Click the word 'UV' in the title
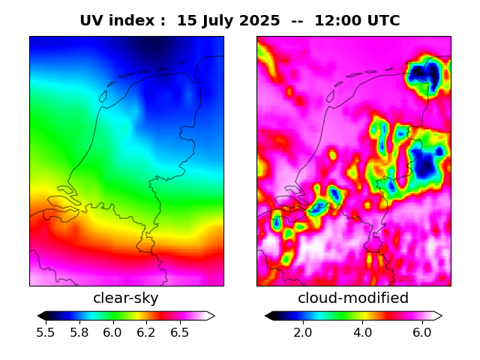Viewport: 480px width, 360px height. coord(92,21)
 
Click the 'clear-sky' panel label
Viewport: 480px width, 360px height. coord(126,298)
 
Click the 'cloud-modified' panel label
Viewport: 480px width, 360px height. coord(353,298)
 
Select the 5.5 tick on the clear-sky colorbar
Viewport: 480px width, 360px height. coord(46,332)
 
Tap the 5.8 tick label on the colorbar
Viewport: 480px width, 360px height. coord(79,332)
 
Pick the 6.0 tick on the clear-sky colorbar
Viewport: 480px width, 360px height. coord(112,332)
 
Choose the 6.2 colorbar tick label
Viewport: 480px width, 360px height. coord(146,332)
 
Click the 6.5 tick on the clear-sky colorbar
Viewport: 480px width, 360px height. coord(179,332)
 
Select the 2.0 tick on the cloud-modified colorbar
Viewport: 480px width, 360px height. coord(302,332)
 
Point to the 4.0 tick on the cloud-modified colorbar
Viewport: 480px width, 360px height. coord(362,332)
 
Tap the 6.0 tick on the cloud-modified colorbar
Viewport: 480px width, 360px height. coord(422,332)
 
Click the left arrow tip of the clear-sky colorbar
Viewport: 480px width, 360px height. coord(39,316)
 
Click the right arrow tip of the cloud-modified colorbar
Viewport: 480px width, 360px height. coord(440,316)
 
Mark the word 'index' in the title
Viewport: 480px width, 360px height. coord(132,21)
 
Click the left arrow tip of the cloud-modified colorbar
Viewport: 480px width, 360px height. coord(266,316)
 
